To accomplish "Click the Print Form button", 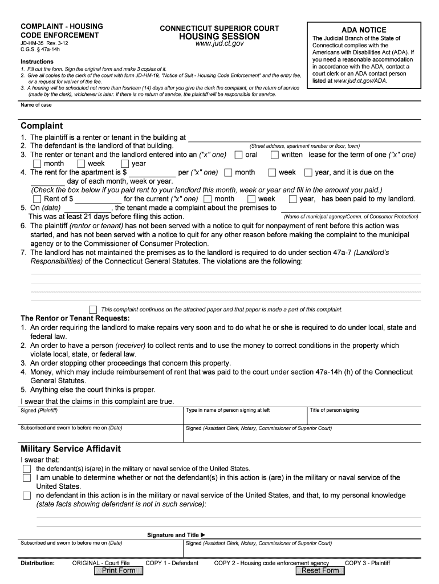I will (119, 570).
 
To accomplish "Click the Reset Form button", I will (320, 570).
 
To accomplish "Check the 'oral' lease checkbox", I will (239, 155).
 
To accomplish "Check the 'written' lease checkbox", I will (275, 155).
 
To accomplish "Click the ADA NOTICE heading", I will (364, 30).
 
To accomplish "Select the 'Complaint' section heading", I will (42, 125).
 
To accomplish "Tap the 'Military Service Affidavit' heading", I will (70, 449).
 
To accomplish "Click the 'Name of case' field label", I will (36, 105).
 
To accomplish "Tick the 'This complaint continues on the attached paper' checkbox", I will (94, 309).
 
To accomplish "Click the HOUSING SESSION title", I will (219, 36).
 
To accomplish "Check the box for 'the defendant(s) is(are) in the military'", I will (27, 468).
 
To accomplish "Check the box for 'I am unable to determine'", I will (27, 477).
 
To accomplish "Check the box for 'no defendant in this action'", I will (27, 496).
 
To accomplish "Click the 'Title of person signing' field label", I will (334, 410).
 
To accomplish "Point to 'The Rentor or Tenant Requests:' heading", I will (75, 318).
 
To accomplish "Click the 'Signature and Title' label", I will (173, 535).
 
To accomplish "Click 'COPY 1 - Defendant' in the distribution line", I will (172, 563).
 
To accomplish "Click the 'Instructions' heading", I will (37, 62).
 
